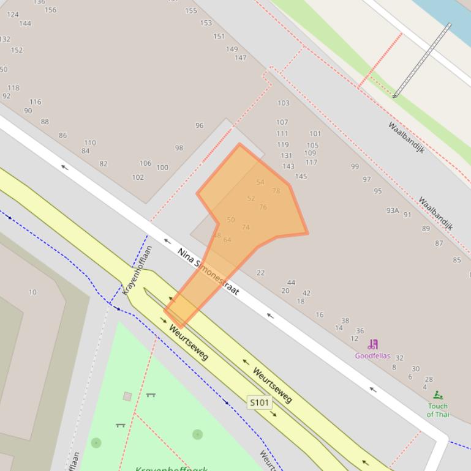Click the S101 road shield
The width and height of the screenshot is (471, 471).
coord(259,402)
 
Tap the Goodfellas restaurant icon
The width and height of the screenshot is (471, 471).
coord(372,345)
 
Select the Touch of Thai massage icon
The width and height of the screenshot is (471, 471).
coord(437,396)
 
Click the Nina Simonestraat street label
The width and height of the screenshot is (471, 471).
coord(208,271)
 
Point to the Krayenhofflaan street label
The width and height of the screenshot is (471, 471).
coord(137,270)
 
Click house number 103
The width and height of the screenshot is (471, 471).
coord(283,103)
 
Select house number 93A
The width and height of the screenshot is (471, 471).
coord(392,210)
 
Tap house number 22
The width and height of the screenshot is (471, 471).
coord(260,273)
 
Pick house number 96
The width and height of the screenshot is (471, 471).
coord(199,125)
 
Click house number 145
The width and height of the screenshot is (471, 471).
coord(301,177)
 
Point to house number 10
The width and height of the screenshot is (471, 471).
coord(32,292)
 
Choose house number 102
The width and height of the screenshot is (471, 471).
coord(138,177)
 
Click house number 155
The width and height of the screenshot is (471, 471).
coord(191,10)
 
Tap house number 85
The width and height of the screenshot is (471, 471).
coord(456,260)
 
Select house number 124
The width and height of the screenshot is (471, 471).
coord(12,14)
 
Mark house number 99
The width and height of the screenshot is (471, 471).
coord(355,166)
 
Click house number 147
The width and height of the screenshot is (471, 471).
coord(240,58)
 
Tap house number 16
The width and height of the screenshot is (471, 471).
coord(319,314)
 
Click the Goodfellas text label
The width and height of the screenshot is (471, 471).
coord(372,355)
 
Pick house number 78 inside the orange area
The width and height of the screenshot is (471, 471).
coord(276,191)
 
